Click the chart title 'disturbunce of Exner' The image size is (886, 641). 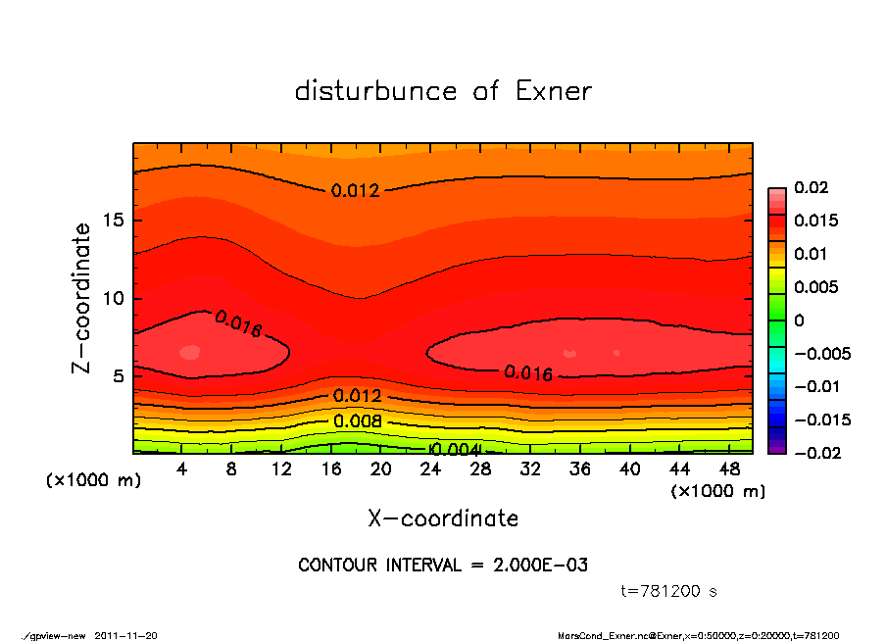tap(443, 91)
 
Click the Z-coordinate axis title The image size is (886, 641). tap(82, 298)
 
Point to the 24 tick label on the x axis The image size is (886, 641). tap(430, 470)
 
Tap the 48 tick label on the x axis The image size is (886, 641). tap(729, 470)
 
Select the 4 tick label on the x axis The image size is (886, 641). tap(181, 470)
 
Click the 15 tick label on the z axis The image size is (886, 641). tap(113, 220)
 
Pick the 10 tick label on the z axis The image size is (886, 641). tap(113, 298)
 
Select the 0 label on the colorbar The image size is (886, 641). tap(799, 320)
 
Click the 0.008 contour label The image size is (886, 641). tap(356, 422)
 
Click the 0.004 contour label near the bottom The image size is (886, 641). tap(454, 449)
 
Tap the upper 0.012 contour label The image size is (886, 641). tap(355, 191)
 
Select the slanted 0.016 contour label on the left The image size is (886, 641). tap(237, 324)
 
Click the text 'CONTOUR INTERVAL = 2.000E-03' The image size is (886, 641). tap(443, 566)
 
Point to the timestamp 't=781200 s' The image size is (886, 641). tap(669, 592)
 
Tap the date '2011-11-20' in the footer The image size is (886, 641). tap(126, 635)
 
